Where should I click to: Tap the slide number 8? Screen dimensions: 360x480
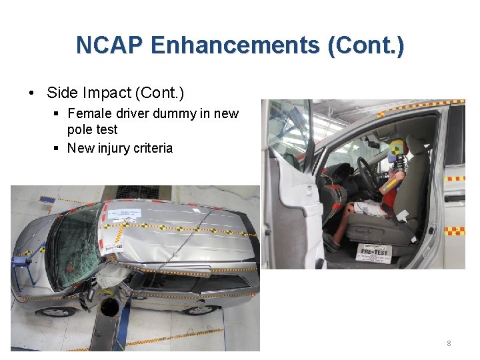tap(449, 343)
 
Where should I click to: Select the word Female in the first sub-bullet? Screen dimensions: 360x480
tap(90, 113)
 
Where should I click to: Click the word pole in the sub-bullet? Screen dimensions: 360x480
tap(81, 129)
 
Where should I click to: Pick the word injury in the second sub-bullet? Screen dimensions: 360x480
tap(117, 148)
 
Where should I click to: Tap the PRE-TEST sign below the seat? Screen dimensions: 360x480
tap(374, 251)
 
